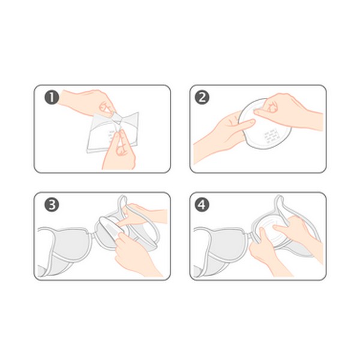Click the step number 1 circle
click(x=52, y=98)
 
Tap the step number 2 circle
click(x=202, y=98)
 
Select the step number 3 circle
click(x=52, y=205)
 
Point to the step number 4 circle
click(x=202, y=205)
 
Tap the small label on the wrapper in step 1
click(x=112, y=137)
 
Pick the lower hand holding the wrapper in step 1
click(x=119, y=152)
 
